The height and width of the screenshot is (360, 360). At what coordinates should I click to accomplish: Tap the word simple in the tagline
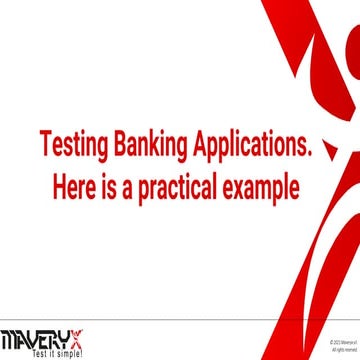point(64,353)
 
